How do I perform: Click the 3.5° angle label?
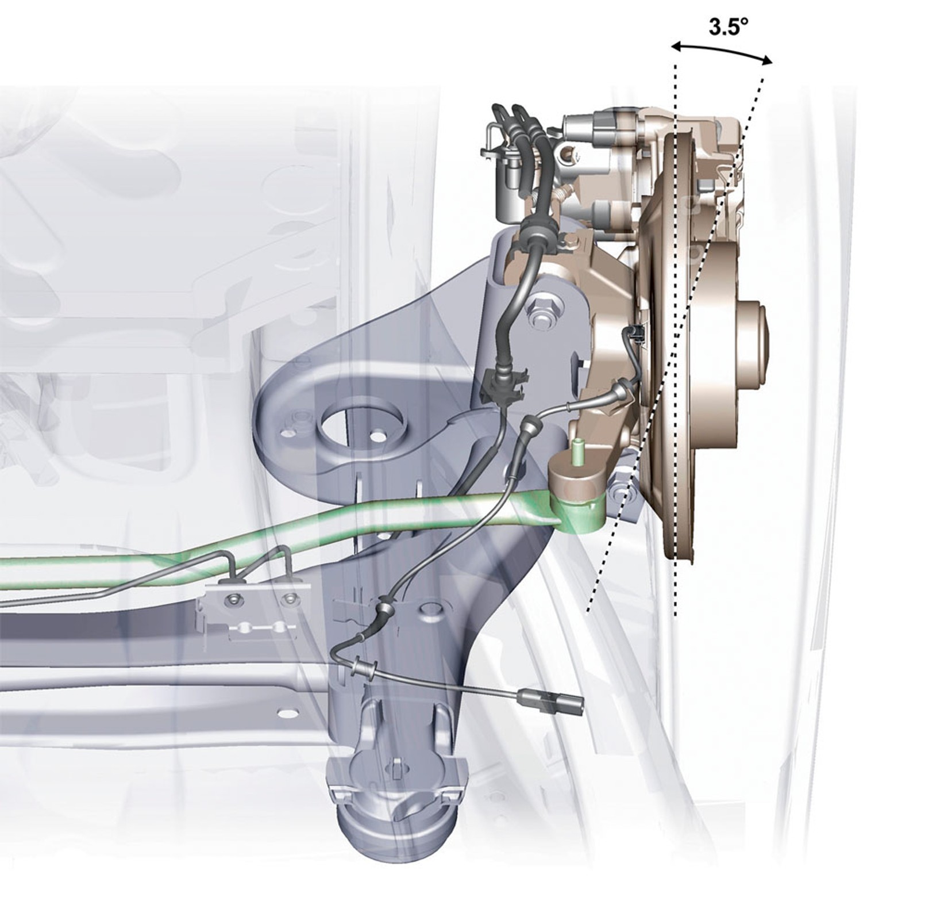click(725, 27)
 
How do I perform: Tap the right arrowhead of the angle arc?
click(766, 58)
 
